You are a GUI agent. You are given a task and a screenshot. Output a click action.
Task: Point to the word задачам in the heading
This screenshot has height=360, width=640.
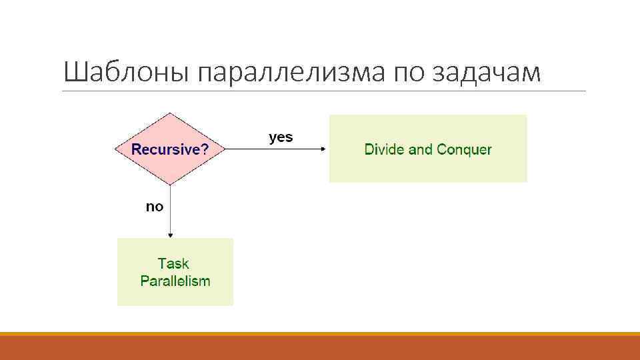[x=488, y=73]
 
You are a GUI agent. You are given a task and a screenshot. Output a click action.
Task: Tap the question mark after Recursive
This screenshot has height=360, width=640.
[x=205, y=149]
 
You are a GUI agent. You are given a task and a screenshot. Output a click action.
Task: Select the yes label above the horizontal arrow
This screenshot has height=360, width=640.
[x=280, y=137]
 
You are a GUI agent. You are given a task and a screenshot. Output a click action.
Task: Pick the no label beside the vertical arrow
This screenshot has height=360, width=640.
[x=154, y=207]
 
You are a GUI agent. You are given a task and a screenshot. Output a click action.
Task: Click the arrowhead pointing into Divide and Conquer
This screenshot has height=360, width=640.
[x=325, y=149]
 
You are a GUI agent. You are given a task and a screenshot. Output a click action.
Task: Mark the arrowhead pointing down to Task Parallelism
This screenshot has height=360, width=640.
[x=171, y=235]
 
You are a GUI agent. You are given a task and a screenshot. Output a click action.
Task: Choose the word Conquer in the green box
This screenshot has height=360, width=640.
[x=464, y=149]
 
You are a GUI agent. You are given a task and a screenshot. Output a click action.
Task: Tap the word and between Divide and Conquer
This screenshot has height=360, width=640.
[x=421, y=149]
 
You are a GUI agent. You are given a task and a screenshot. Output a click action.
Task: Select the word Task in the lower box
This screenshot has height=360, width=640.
[x=173, y=263]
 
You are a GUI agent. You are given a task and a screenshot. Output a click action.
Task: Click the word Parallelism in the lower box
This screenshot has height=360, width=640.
[x=175, y=281]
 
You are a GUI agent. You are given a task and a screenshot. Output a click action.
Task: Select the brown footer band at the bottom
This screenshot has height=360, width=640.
[x=320, y=347]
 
